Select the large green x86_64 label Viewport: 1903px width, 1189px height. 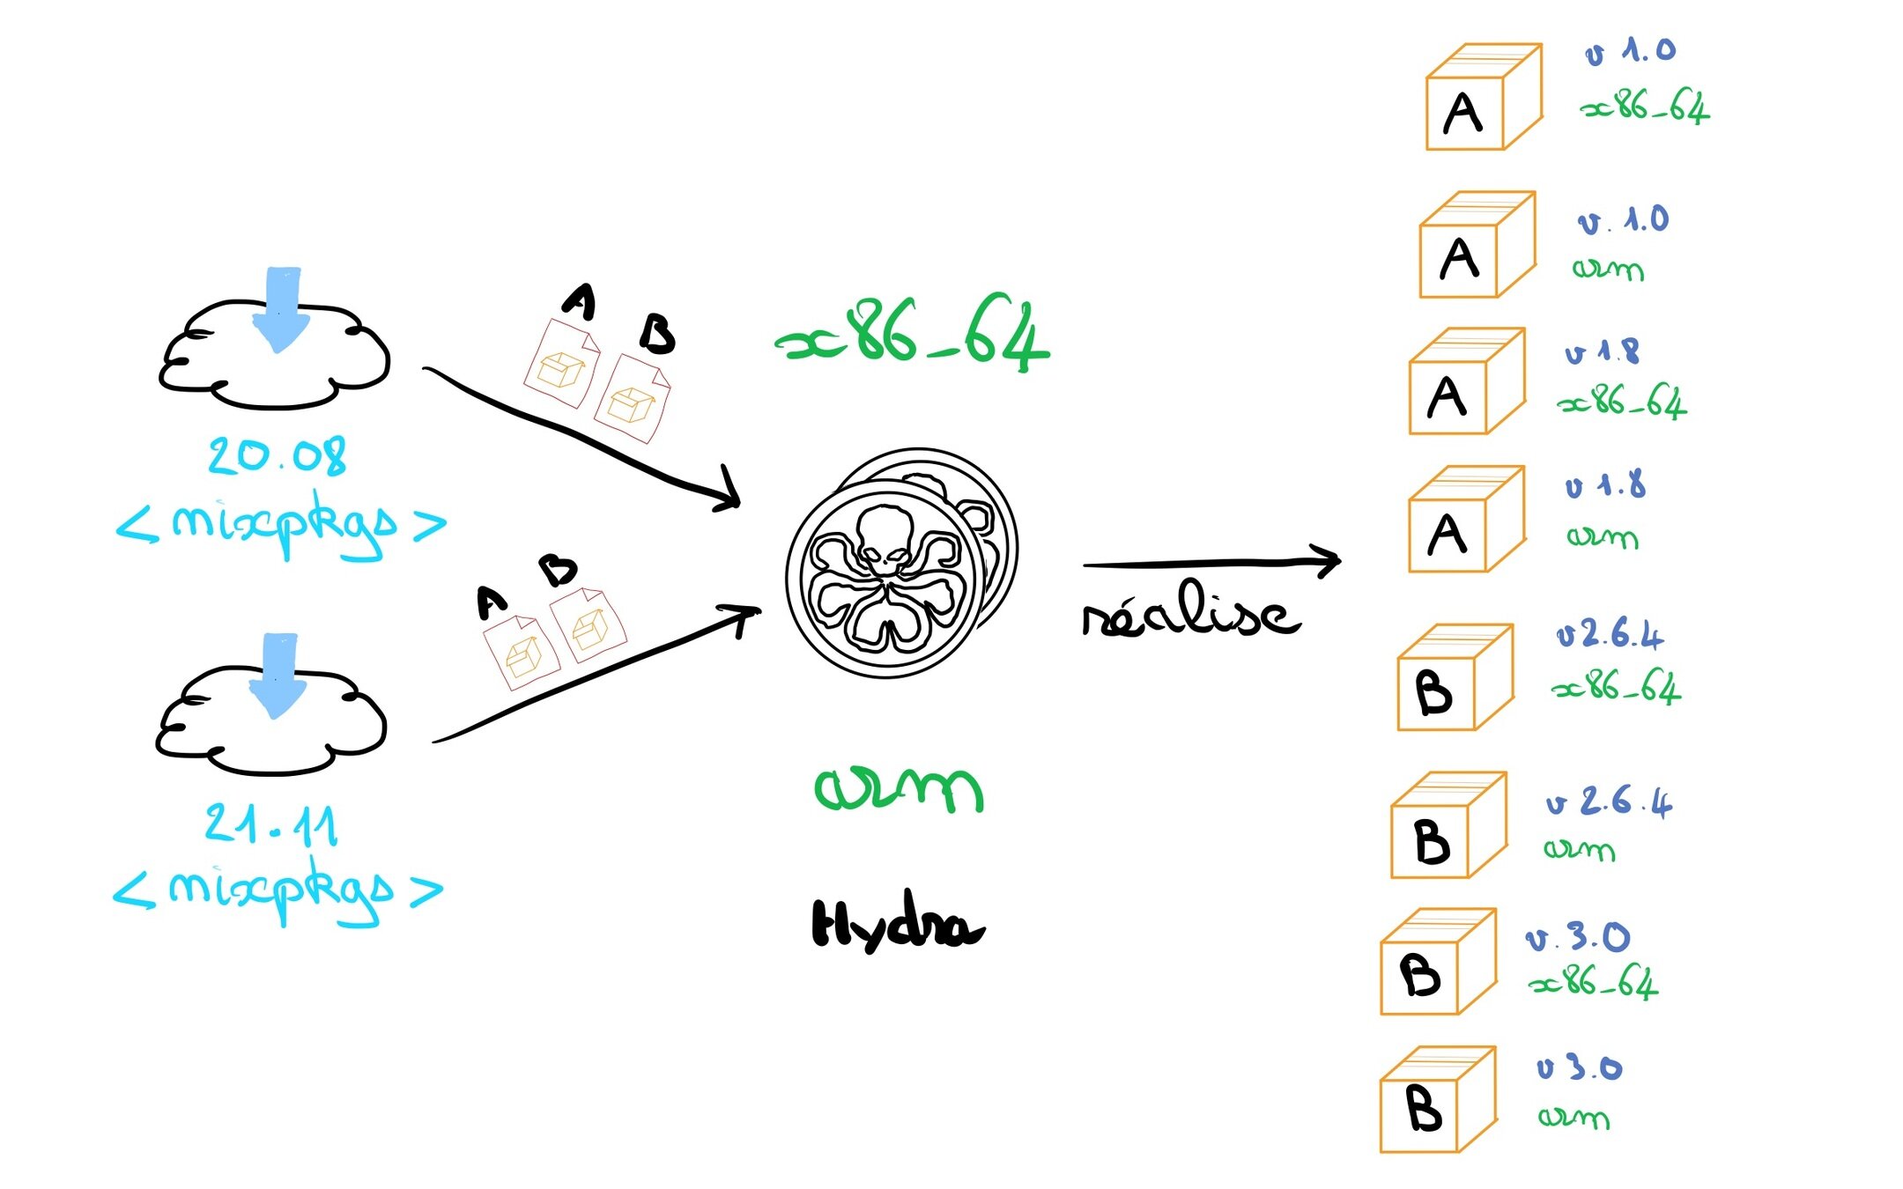point(913,335)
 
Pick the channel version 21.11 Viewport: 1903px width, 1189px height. point(271,824)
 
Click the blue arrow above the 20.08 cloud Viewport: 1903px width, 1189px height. point(281,309)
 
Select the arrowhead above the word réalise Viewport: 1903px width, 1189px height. point(1327,560)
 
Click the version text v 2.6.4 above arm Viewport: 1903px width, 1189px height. point(1609,802)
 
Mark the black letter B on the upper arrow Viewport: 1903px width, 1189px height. point(657,334)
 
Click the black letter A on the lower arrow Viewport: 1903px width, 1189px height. point(492,603)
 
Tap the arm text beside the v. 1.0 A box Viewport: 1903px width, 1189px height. point(1608,268)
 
